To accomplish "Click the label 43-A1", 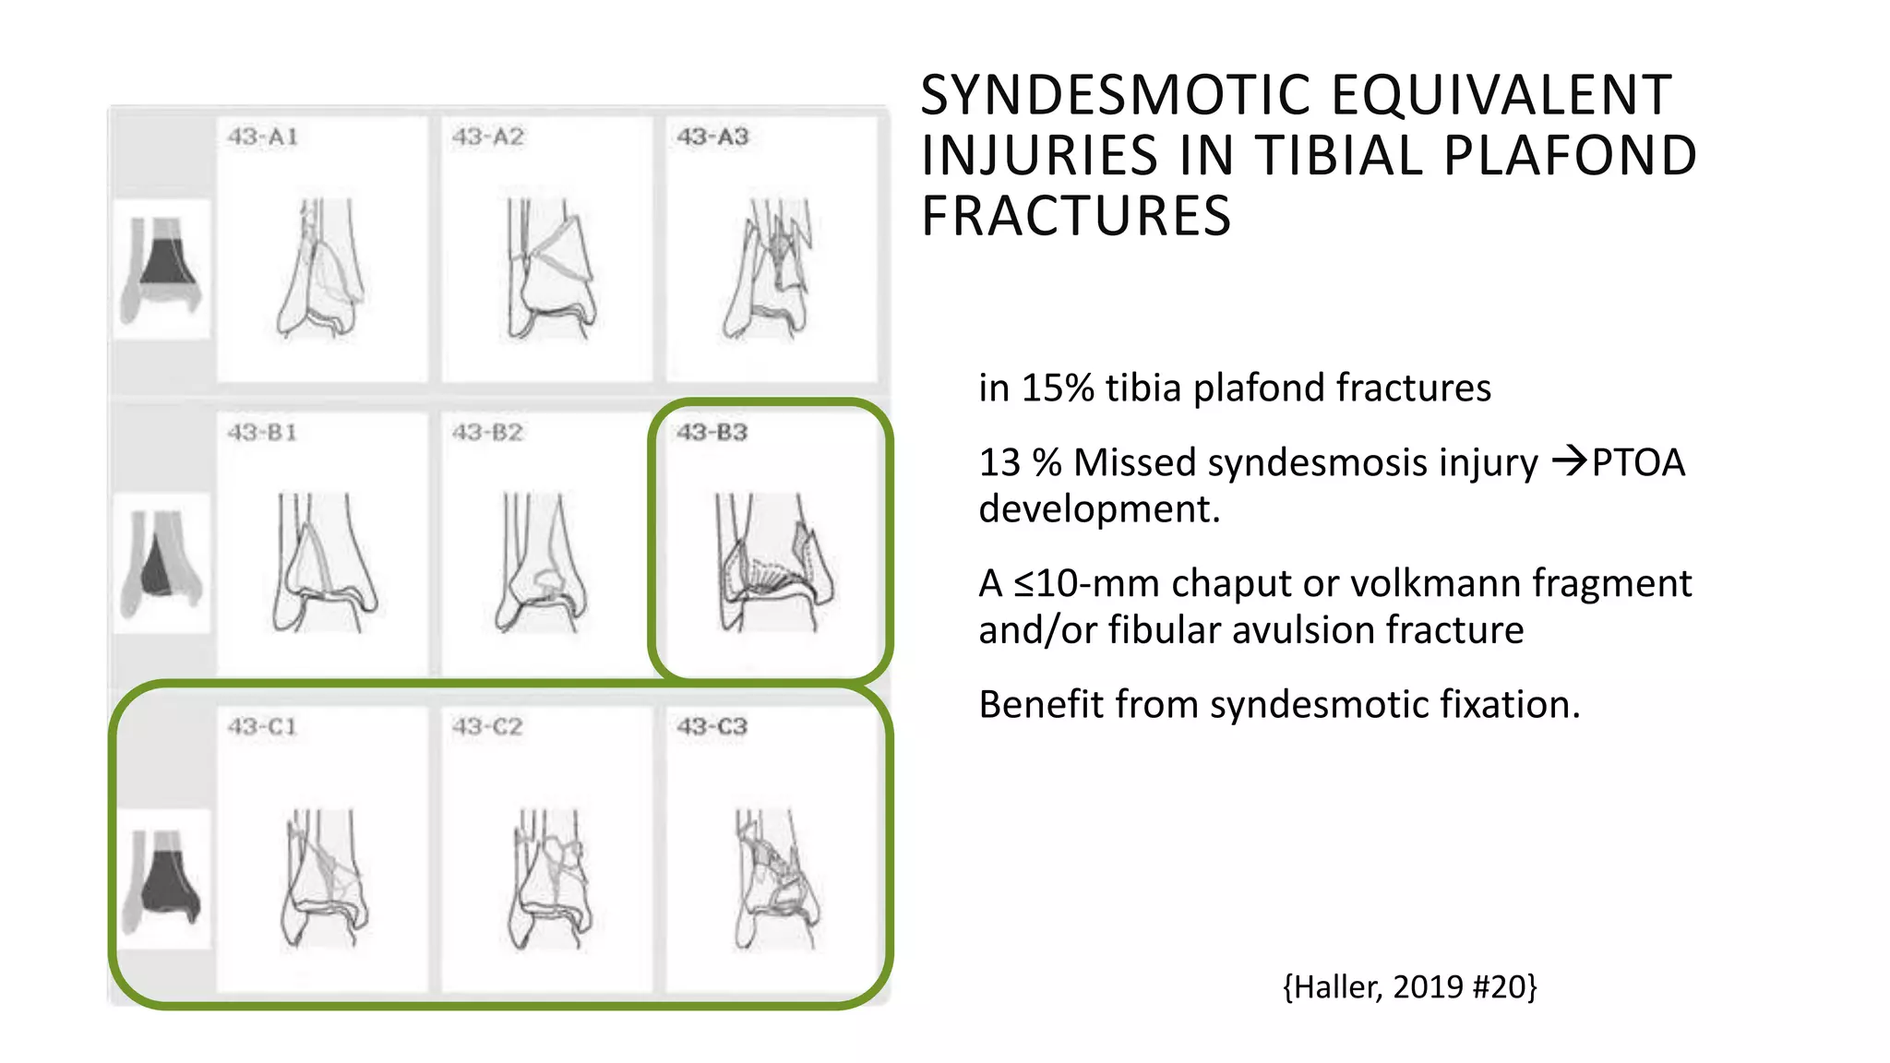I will point(263,137).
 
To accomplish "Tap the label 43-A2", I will point(487,137).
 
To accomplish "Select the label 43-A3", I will point(712,137).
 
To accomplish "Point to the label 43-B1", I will point(263,433).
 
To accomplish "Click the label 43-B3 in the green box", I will point(712,433).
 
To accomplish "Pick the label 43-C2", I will point(487,727).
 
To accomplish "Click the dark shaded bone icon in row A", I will point(162,268).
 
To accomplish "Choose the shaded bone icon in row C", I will point(162,881).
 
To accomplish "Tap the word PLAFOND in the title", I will point(1569,155).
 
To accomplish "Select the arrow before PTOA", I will point(1569,460).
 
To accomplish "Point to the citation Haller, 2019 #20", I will point(1409,987).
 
